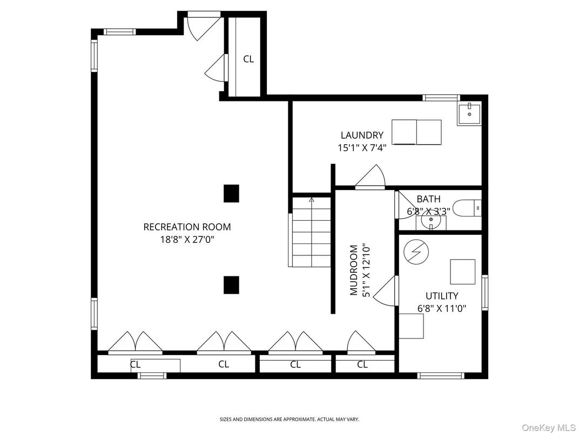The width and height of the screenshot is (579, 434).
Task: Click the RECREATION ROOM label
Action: click(x=187, y=227)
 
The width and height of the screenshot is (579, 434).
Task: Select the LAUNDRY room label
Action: click(x=361, y=135)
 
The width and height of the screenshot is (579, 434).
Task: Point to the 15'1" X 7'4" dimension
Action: click(x=361, y=147)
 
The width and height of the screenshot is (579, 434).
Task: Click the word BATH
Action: click(x=428, y=199)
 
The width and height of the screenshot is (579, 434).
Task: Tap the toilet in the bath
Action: click(x=467, y=207)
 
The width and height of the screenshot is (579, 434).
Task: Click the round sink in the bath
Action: click(x=431, y=220)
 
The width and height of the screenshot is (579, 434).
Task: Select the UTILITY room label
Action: click(x=441, y=296)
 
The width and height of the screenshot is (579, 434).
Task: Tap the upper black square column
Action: click(x=231, y=193)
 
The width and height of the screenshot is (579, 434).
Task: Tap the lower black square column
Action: click(x=231, y=285)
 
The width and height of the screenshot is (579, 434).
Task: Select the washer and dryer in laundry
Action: click(x=416, y=132)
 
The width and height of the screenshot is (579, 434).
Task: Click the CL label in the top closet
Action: click(x=248, y=59)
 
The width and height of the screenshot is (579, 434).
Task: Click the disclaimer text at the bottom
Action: click(x=289, y=419)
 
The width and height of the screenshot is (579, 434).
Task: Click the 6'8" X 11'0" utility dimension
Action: click(x=441, y=309)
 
